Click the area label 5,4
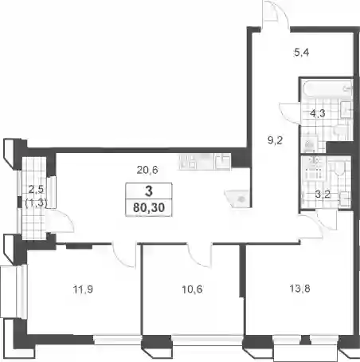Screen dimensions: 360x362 tap(301, 53)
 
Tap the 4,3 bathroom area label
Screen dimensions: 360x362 tap(318, 113)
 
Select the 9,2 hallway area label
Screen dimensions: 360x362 tap(275, 140)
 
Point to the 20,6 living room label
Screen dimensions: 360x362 tap(147, 170)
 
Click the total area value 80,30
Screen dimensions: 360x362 tap(149, 207)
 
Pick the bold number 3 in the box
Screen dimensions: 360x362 tap(149, 191)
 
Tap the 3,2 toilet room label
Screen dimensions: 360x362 tap(323, 195)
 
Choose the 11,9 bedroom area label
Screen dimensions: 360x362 tap(83, 289)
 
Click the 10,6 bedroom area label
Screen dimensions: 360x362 tap(192, 289)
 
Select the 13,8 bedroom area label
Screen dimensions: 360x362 tap(299, 288)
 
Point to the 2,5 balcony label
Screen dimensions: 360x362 tap(36, 190)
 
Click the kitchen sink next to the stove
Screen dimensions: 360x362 tap(222, 162)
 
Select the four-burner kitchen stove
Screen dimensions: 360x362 tap(188, 162)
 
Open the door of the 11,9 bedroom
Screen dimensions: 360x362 tap(124, 256)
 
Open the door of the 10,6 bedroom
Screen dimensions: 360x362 tap(200, 254)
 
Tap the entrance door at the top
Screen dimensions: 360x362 tap(275, 14)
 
